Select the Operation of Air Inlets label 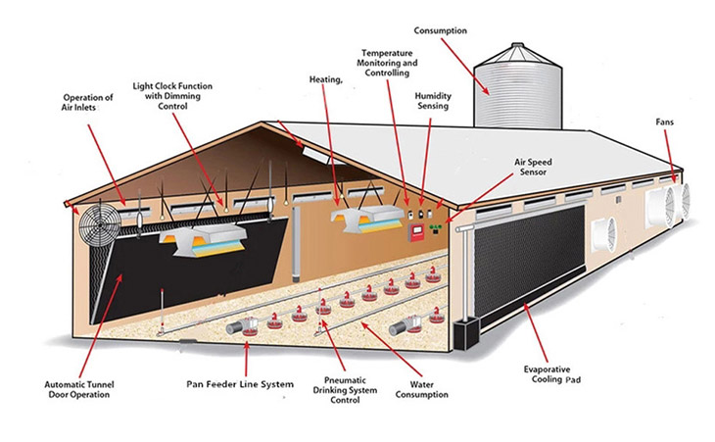point(87,103)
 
